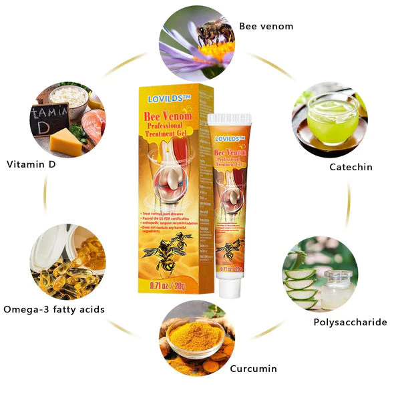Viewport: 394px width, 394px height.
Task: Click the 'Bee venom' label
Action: (x=266, y=27)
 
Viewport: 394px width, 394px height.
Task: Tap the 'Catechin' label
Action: (x=351, y=167)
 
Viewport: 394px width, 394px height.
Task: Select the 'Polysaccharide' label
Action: (x=350, y=322)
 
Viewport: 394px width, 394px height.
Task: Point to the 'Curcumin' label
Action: (x=253, y=369)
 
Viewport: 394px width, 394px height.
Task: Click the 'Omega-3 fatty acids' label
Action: (x=54, y=309)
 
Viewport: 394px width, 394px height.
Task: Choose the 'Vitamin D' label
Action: (x=31, y=164)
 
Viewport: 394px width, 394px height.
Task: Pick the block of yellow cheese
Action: (x=65, y=142)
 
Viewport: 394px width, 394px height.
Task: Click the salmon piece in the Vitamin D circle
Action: (x=94, y=124)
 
